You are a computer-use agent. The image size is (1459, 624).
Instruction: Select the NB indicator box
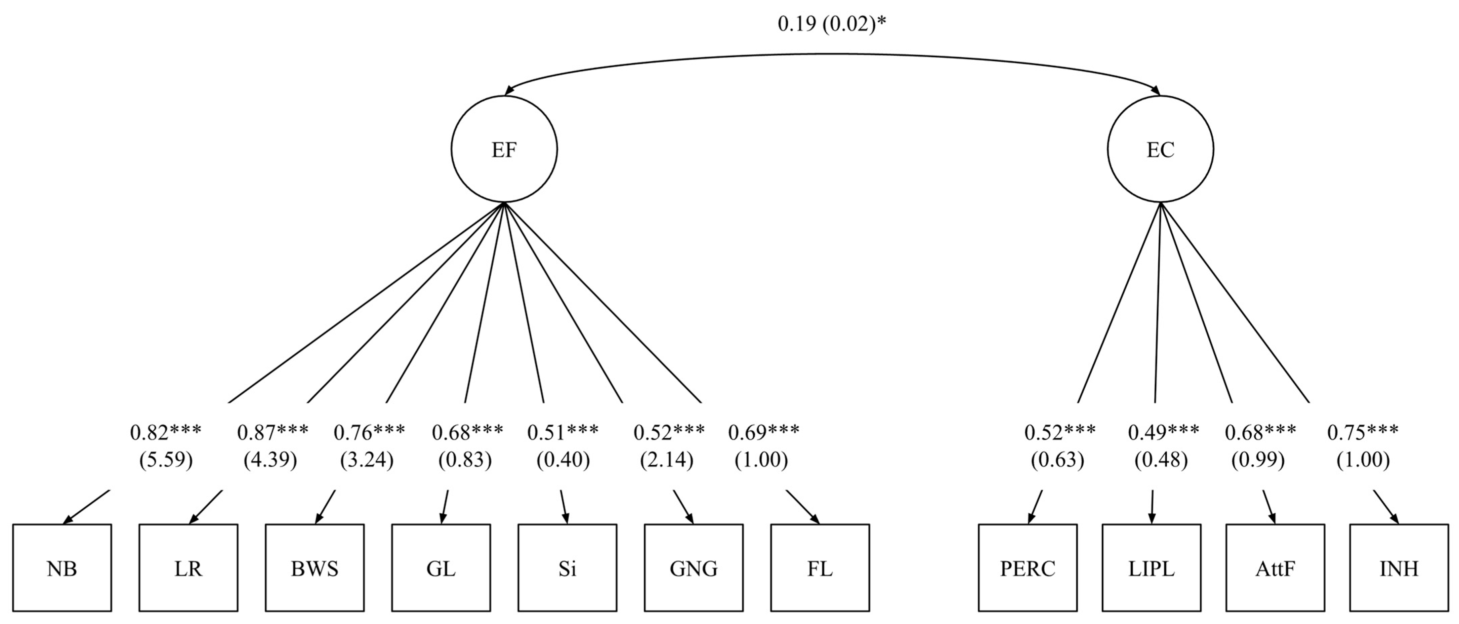(62, 568)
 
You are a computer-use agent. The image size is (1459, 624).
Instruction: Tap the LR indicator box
(188, 568)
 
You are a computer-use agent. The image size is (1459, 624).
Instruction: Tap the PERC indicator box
(1028, 568)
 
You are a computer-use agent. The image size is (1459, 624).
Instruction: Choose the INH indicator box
(1399, 568)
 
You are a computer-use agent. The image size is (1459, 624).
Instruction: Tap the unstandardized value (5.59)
(166, 460)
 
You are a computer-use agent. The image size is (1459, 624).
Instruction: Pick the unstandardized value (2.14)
(667, 460)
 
